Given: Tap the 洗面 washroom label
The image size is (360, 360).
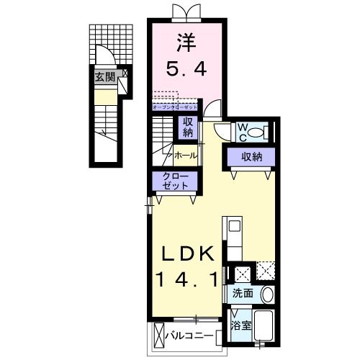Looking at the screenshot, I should tap(243, 294).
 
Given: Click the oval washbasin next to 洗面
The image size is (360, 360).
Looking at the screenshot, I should tap(266, 294).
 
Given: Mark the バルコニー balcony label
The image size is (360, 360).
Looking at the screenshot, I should tap(189, 335).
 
